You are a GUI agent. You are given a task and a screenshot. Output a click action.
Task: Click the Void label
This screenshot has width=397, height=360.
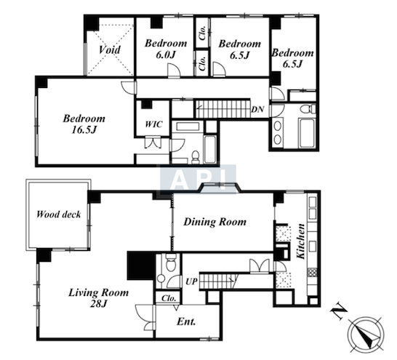tap(109, 49)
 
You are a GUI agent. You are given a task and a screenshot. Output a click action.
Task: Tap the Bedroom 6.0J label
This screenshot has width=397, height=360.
tap(166, 49)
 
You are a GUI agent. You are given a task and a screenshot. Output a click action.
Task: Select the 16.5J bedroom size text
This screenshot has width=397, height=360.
tap(84, 130)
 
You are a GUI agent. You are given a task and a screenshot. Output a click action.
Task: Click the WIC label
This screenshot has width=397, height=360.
tap(153, 124)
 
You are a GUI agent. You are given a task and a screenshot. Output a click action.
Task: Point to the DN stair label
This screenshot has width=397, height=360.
tap(257, 109)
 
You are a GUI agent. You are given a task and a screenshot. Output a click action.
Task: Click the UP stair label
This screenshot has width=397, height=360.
tap(192, 281)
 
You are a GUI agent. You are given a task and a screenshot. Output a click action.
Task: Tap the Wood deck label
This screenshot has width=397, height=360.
tap(58, 215)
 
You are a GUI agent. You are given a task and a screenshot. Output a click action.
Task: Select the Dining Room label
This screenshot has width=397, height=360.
tap(215, 222)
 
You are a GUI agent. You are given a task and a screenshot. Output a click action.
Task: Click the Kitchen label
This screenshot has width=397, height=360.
tap(301, 241)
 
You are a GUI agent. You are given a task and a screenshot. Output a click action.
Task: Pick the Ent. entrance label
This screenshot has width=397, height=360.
tap(186, 321)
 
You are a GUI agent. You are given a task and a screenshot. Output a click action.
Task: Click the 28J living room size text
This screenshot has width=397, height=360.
tap(98, 303)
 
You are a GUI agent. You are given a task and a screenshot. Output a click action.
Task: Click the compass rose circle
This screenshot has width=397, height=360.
tap(366, 335)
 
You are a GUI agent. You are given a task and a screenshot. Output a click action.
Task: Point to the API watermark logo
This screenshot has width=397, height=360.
tap(198, 179)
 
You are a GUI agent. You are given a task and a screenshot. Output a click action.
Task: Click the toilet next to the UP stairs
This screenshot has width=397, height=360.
tap(171, 263)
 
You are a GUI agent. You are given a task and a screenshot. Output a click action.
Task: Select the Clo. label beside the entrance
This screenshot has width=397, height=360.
tap(169, 298)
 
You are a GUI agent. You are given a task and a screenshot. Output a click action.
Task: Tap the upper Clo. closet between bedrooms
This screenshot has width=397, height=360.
tap(202, 33)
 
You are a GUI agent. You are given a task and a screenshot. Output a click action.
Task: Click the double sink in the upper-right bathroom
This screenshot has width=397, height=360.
tap(278, 133)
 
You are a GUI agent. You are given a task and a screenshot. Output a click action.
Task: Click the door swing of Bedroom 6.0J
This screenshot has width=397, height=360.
tap(174, 70)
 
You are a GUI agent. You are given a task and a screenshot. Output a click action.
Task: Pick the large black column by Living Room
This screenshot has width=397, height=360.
tap(141, 266)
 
